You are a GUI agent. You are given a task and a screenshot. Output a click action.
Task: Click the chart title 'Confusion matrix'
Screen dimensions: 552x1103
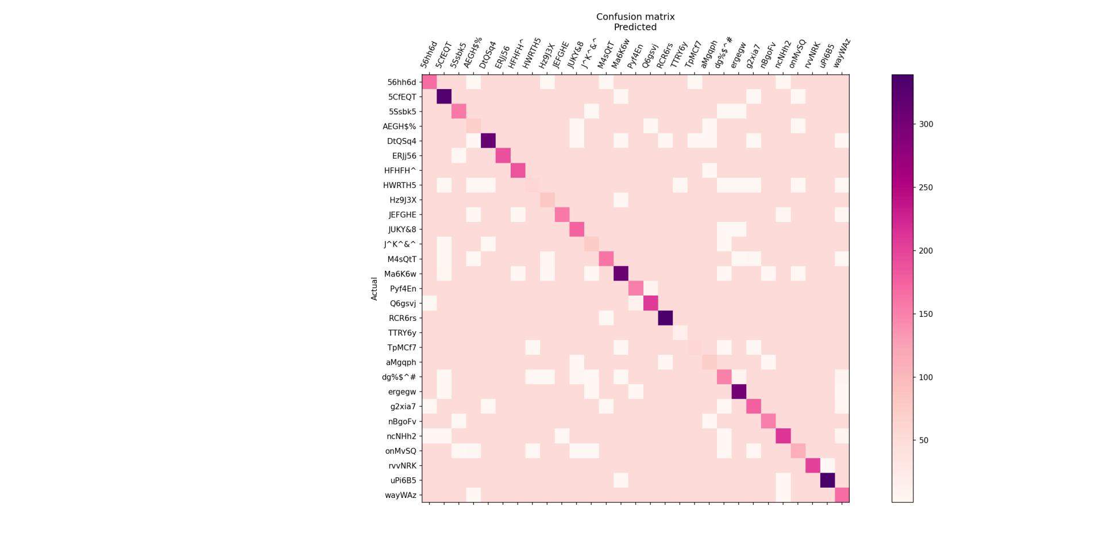[635, 17]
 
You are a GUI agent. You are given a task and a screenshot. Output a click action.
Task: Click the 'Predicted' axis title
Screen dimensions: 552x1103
[635, 27]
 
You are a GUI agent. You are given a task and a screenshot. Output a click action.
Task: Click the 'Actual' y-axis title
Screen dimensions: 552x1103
[375, 289]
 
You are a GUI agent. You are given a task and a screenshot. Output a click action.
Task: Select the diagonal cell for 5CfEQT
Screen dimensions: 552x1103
[444, 97]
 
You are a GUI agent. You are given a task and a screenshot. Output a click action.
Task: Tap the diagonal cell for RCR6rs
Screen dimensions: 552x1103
[665, 318]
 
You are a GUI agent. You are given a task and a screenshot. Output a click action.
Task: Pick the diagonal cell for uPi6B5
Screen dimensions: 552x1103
[827, 480]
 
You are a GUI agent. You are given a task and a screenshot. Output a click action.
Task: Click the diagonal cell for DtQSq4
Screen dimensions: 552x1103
[488, 141]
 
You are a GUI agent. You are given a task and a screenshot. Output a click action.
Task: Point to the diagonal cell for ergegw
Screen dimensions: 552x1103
[739, 392]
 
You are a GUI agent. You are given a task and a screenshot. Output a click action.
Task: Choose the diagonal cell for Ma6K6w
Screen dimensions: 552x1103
[621, 274]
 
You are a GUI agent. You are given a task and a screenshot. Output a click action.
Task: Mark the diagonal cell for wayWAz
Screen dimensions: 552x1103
[842, 495]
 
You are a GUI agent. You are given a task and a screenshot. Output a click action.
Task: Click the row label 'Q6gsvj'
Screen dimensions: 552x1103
[403, 304]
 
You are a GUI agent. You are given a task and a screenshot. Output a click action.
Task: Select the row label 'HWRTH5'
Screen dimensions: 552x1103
[399, 185]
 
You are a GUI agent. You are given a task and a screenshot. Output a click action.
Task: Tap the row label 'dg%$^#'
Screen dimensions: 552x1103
[399, 377]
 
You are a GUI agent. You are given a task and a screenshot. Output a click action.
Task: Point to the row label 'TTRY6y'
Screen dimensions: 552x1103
[402, 333]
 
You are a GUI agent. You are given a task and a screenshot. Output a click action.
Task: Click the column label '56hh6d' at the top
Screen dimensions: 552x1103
[429, 55]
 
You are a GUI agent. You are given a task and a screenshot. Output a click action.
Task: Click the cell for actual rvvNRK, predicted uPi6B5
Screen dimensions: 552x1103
[827, 466]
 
